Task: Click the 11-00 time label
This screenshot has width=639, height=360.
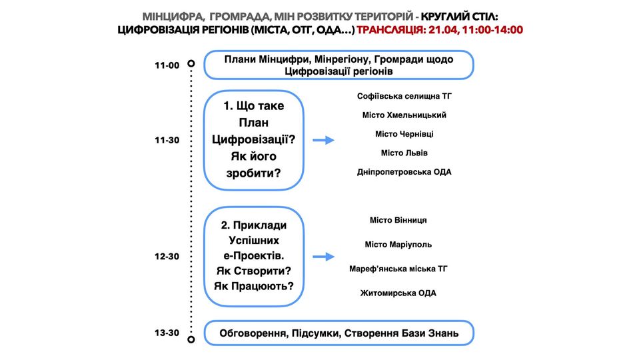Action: (x=167, y=65)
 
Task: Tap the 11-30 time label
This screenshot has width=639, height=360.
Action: (x=167, y=141)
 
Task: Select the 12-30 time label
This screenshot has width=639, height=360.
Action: (x=167, y=256)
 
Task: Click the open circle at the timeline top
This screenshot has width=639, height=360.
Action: (x=191, y=64)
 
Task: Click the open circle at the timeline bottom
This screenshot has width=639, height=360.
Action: (x=191, y=339)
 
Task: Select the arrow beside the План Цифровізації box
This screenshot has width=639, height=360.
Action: (x=323, y=140)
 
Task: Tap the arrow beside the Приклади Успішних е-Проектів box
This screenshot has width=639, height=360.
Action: (x=323, y=257)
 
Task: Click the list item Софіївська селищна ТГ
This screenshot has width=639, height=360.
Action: (x=404, y=96)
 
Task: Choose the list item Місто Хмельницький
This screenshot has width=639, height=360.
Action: (x=404, y=115)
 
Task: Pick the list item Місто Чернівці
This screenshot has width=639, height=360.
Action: (x=404, y=134)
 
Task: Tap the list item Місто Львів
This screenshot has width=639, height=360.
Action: (x=404, y=153)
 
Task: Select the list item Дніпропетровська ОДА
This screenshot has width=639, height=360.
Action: (x=404, y=172)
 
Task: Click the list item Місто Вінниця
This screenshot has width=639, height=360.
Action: (x=398, y=220)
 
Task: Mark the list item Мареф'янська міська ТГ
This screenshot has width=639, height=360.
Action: (x=398, y=269)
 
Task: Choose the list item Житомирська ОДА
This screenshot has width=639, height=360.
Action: (x=398, y=293)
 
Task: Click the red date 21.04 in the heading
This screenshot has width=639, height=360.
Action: (x=444, y=30)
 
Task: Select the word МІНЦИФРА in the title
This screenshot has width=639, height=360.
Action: (x=173, y=15)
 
